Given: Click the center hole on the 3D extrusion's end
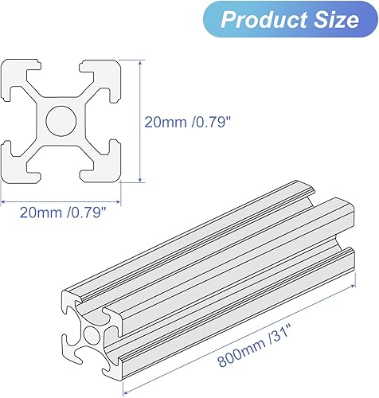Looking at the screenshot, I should tap(90, 334).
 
